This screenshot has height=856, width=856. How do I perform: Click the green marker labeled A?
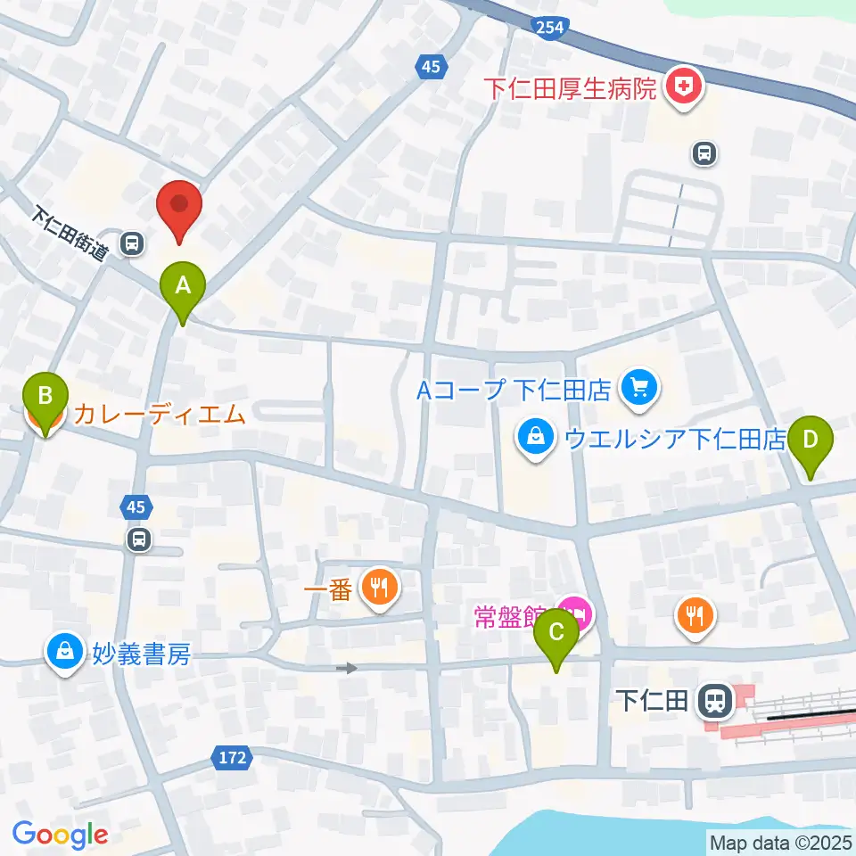(183, 288)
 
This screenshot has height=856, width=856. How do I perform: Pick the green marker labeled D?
(810, 441)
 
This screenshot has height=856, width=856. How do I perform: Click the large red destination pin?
(179, 206)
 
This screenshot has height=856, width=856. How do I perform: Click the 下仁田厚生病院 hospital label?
(571, 88)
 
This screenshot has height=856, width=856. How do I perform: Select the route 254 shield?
(550, 27)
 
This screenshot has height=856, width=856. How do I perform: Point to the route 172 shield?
(232, 758)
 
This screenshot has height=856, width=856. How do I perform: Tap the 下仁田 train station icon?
(714, 700)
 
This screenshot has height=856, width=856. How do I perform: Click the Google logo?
(60, 834)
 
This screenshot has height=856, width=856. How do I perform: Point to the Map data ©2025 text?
(781, 841)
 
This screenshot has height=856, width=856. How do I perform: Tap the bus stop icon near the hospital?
(704, 154)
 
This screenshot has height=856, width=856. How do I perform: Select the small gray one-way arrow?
(347, 667)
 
